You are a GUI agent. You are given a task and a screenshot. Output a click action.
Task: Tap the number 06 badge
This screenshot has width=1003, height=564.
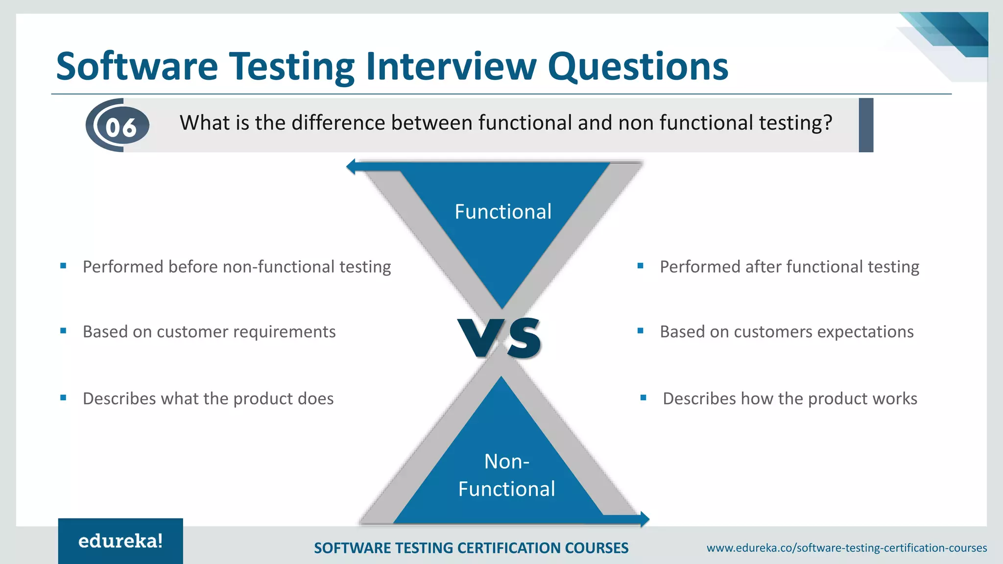pos(120,127)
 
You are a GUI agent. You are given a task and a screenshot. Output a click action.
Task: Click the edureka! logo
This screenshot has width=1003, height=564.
pos(120,541)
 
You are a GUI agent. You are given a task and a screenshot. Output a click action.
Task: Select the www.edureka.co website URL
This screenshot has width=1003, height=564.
pos(846,548)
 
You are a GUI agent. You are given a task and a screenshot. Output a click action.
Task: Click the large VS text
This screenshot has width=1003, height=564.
pos(500,338)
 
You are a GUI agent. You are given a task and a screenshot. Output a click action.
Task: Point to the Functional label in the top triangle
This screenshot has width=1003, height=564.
pos(503,211)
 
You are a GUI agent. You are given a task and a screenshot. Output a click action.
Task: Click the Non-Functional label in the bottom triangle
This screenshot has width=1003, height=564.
pos(506,475)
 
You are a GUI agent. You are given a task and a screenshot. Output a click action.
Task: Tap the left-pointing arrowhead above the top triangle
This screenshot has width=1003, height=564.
pos(351,166)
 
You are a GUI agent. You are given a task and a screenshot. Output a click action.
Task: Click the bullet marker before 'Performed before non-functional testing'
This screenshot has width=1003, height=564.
pos(63,266)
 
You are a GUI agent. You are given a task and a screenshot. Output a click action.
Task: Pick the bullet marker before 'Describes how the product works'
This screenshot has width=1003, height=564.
pos(643,398)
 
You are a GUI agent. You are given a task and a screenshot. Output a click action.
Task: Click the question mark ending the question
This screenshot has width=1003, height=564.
pos(828,122)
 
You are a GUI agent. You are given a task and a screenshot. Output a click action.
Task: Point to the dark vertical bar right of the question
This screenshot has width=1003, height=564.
pos(866,125)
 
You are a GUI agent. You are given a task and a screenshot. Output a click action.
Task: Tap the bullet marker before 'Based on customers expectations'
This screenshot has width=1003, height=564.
pos(640,331)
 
